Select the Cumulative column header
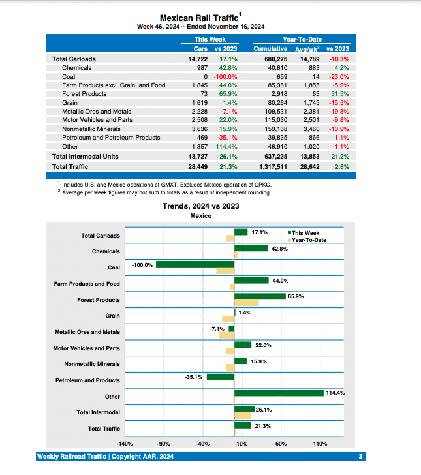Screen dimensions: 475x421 click(270, 49)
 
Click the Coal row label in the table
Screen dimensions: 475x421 click(69, 76)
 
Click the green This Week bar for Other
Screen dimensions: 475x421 click(279, 393)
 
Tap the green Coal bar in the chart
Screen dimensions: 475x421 click(195, 264)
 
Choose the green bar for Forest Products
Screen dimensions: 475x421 click(259, 296)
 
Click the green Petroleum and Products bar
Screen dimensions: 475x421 click(220, 376)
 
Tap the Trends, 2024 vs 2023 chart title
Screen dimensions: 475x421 click(200, 206)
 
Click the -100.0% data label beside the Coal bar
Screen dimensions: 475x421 click(142, 265)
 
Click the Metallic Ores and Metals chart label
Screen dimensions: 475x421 click(87, 332)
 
